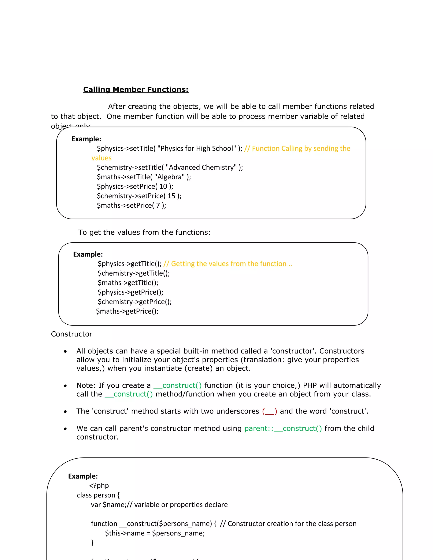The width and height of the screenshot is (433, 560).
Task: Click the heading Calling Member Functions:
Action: click(136, 89)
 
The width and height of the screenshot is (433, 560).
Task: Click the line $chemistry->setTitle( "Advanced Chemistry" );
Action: click(170, 167)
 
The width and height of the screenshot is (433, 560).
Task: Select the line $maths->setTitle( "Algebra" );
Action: click(144, 177)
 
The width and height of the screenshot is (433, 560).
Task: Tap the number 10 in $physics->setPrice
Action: click(163, 186)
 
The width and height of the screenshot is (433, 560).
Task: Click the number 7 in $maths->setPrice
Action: click(158, 205)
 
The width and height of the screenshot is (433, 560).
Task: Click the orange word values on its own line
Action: click(101, 158)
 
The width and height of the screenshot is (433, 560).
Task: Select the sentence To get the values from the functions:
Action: click(144, 232)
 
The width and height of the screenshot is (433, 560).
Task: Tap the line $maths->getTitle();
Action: click(128, 283)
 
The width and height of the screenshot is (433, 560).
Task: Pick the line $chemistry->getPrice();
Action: click(135, 302)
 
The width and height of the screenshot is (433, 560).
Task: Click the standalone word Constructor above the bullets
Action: click(72, 334)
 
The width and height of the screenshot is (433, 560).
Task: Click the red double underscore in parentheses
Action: click(269, 411)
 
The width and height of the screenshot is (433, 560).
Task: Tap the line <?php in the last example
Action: click(99, 485)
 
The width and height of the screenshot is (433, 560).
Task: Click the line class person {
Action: click(98, 495)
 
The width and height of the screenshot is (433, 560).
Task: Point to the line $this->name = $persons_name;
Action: click(155, 533)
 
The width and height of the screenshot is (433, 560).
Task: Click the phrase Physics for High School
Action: click(196, 149)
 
